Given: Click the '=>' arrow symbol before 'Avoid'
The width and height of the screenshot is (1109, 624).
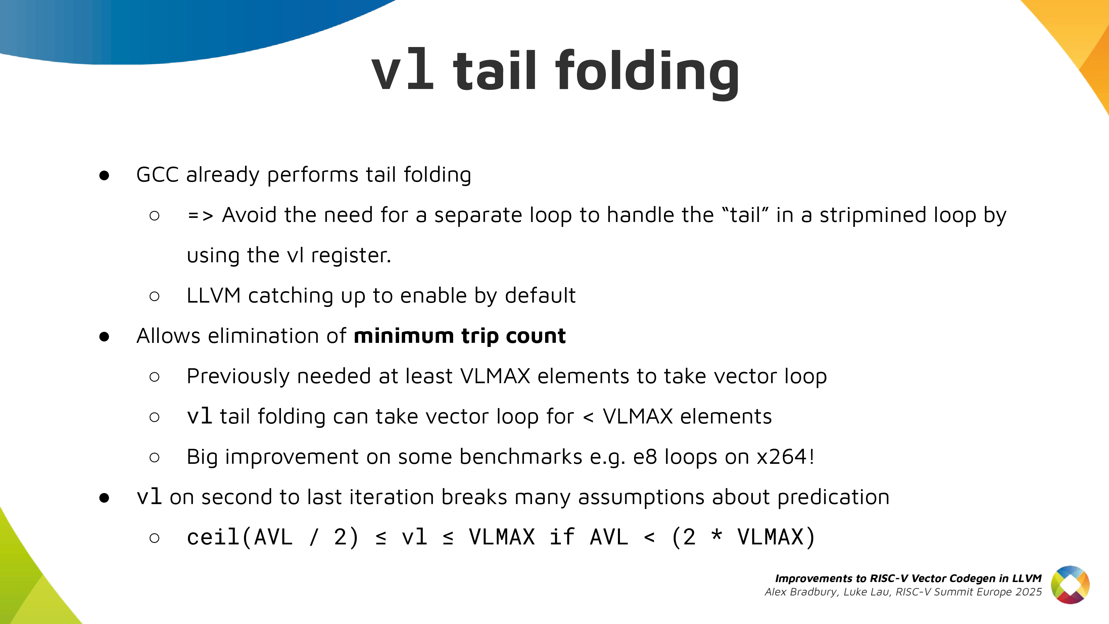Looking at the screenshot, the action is (201, 215).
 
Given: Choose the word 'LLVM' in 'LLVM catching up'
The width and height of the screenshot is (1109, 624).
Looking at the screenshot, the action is (213, 296).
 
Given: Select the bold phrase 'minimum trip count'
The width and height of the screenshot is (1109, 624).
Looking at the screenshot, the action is (460, 336).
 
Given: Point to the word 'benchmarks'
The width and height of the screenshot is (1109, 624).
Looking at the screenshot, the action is (521, 456).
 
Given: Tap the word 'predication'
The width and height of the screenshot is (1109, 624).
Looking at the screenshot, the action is (833, 497).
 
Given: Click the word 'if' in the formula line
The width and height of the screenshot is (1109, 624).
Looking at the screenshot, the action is (562, 537).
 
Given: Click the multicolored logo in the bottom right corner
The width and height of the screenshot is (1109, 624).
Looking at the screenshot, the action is (1070, 585).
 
